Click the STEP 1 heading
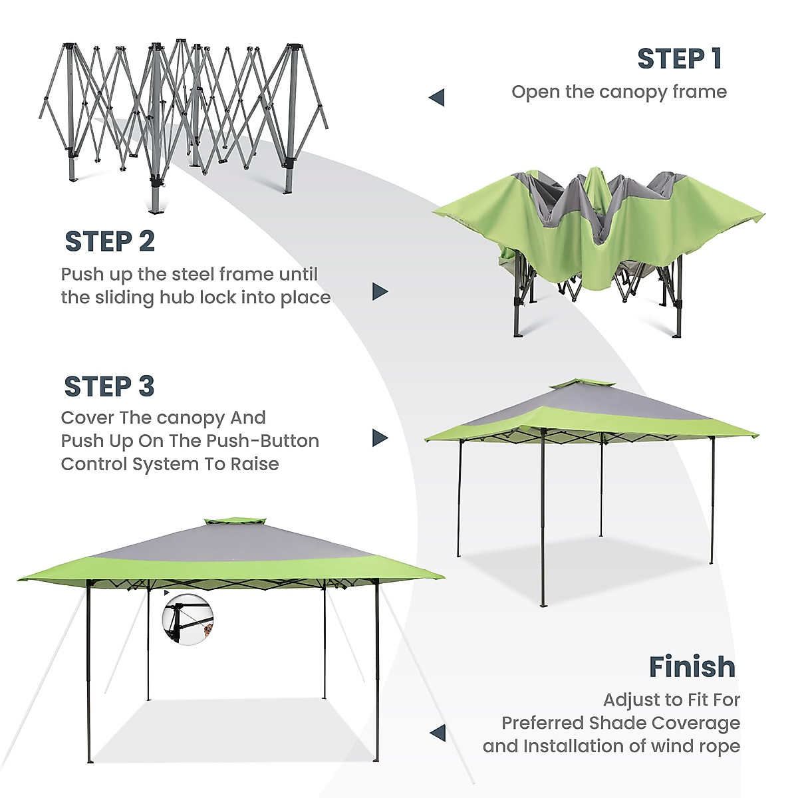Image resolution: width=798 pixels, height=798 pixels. point(679,59)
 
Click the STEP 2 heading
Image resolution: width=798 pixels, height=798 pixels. point(110,241)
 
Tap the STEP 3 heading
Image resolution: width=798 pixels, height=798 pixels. point(109,386)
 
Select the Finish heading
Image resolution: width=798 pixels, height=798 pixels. point(692,666)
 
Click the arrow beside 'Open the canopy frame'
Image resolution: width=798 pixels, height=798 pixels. point(436,98)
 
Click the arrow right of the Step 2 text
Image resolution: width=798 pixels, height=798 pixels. point(379,291)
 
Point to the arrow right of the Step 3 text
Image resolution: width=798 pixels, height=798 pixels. point(379,438)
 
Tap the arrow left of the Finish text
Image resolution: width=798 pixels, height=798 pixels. point(437,733)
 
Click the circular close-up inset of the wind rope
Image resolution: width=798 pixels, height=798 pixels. point(188,618)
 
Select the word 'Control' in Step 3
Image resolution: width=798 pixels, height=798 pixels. point(94,464)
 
